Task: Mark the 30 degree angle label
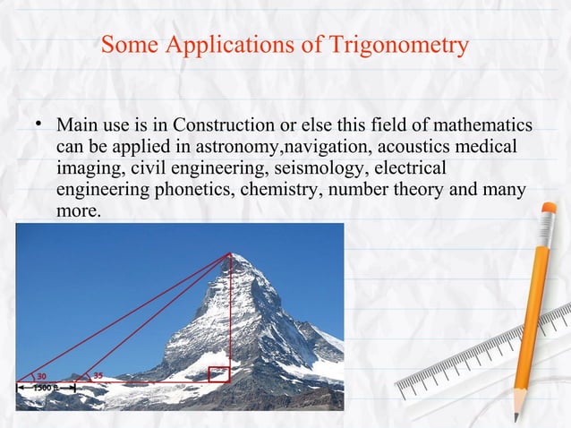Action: (x=42, y=375)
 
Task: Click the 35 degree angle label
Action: (x=98, y=375)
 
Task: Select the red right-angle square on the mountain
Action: (x=218, y=374)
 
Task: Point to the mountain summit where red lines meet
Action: (x=230, y=255)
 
